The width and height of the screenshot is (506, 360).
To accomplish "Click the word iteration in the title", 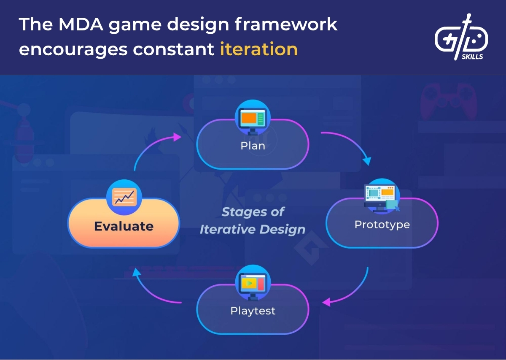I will [x=258, y=49].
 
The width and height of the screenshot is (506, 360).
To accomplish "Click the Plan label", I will [x=253, y=146].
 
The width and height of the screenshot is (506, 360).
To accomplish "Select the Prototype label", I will [x=382, y=225].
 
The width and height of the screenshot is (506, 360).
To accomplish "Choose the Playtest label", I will [x=253, y=311].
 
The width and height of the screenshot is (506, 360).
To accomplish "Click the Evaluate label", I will [x=124, y=226].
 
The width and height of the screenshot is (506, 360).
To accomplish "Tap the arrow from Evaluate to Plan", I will [x=152, y=146].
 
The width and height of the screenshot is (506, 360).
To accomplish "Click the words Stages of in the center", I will [x=253, y=211].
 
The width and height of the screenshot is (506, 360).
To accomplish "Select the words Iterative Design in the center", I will [x=252, y=230].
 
